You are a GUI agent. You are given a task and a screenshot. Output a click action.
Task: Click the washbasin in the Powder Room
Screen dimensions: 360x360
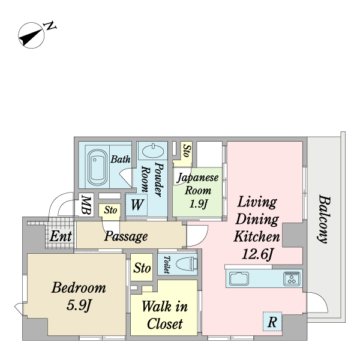pos(153,151)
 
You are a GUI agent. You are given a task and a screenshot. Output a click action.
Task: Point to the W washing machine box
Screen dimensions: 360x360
pos(136,205)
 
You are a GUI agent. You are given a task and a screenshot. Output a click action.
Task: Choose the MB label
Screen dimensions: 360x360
pos(86,205)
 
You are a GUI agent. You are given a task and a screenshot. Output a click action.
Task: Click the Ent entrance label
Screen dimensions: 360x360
pos(61,236)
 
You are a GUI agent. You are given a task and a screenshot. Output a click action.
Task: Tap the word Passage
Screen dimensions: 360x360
pos(126,236)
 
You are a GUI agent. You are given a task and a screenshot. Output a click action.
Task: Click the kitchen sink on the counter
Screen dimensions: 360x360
pos(239,278)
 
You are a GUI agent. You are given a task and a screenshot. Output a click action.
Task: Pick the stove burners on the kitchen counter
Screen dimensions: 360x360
pos(292,278)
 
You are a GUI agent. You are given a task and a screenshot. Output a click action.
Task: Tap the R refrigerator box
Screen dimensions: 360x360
pos(272,321)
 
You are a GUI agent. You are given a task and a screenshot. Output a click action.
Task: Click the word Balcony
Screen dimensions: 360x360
pos(325,219)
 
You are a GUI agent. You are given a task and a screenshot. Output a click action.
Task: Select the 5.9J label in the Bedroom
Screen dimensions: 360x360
pos(79,305)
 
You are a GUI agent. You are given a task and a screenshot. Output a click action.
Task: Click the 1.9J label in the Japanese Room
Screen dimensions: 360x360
pos(199,203)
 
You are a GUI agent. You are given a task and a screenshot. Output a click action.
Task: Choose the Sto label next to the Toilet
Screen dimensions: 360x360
pos(142,268)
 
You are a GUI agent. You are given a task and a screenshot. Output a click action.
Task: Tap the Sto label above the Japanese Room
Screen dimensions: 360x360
pos(187,151)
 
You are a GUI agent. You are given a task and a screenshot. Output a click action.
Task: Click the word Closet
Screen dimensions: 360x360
pos(164,324)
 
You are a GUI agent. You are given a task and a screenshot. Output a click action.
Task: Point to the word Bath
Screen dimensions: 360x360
pos(121,159)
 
